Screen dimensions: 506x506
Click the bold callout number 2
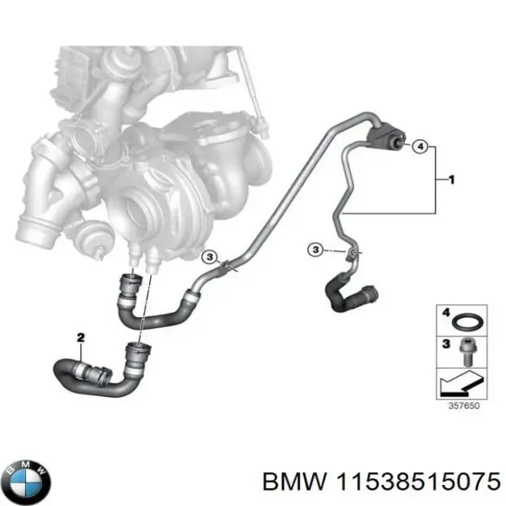(81, 338)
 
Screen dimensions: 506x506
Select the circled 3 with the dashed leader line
(314, 249)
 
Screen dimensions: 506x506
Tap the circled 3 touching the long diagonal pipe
(209, 257)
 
